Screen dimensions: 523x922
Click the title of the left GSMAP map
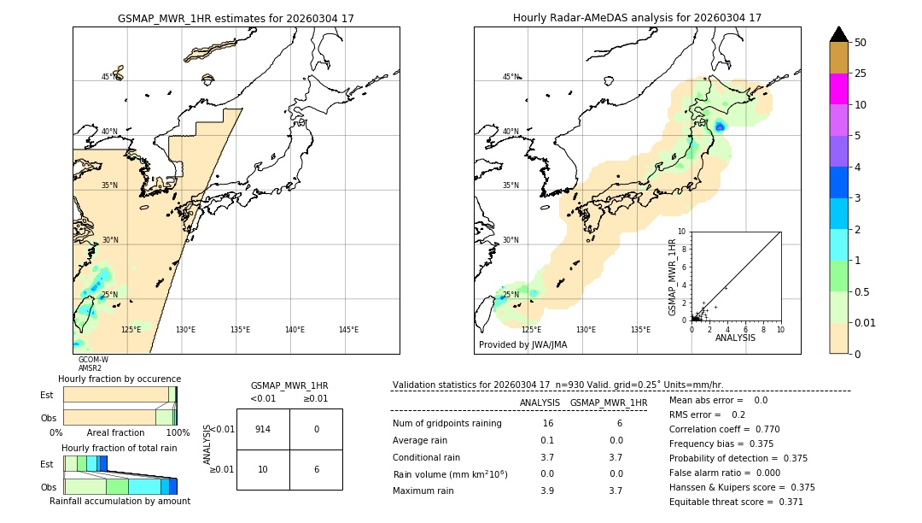coord(236,18)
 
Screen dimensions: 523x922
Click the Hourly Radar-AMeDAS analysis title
coord(637,18)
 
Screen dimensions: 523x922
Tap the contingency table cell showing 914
coord(263,429)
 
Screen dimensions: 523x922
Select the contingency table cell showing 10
coord(263,470)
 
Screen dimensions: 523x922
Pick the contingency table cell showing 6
coord(316,470)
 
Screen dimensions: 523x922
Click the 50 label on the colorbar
coord(861,43)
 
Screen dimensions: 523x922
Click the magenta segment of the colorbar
coord(838,89)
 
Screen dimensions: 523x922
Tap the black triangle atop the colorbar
coord(838,34)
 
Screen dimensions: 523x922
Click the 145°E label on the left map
coord(348,330)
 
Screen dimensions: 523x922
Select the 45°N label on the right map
coord(510,77)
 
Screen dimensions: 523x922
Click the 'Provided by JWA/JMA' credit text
coord(522,345)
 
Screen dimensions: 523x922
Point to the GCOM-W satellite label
coord(93,360)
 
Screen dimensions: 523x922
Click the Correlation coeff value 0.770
coord(762,429)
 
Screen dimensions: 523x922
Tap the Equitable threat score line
coord(736,502)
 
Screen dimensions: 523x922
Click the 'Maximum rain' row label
coord(424,491)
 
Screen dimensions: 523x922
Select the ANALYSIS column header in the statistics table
coord(540,403)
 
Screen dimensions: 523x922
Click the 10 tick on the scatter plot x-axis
coord(780,329)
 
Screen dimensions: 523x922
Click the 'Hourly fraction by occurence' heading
coord(120,379)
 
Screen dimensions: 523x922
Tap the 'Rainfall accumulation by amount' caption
coord(120,501)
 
